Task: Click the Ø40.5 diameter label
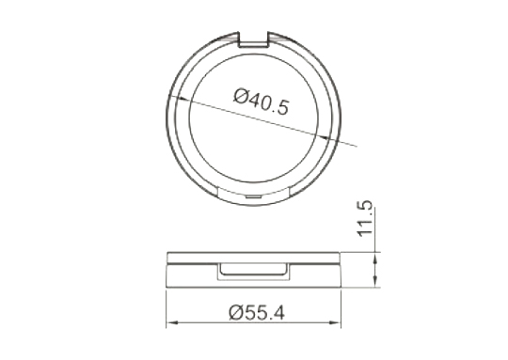(261, 102)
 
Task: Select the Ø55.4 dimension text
(257, 313)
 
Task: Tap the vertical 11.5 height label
(365, 218)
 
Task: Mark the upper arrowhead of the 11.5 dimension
(375, 258)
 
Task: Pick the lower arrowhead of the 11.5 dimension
(375, 281)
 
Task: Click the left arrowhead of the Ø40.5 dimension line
(182, 99)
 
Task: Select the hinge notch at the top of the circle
(253, 39)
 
